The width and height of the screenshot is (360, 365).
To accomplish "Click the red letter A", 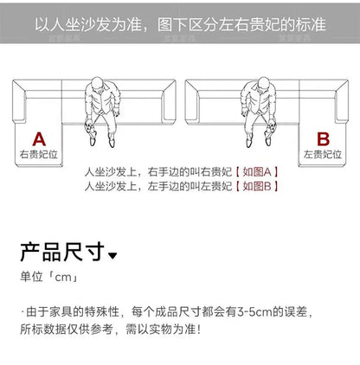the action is tap(39, 139).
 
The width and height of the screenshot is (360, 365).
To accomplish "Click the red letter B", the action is tap(323, 139).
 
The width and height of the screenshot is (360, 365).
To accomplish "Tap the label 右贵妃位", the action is tap(39, 154).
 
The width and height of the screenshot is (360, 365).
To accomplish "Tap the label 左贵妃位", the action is tap(323, 154).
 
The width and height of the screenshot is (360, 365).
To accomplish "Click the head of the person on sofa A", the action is tap(98, 84).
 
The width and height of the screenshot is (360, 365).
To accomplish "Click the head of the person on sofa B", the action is tap(264, 84).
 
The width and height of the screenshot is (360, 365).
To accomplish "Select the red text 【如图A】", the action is tap(257, 172).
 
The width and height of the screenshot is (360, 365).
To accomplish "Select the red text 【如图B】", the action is tap(257, 186).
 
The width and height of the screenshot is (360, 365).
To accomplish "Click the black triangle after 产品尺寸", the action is tap(112, 255).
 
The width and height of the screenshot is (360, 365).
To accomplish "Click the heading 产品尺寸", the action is tap(62, 252).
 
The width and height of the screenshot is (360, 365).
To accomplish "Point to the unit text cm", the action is tap(63, 278).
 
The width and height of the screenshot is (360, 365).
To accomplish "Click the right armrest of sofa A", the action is tap(169, 101).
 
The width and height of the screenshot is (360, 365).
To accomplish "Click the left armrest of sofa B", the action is tap(192, 101).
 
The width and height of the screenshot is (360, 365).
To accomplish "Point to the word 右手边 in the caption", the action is tap(164, 172).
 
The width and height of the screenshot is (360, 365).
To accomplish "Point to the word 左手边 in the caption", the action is tap(164, 186).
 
